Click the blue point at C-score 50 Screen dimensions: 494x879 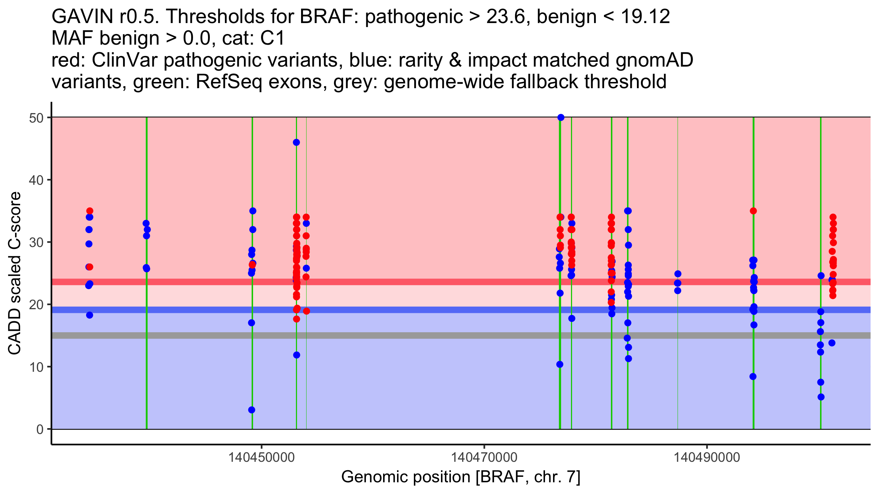[x=561, y=117]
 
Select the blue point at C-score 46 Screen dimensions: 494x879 [x=296, y=142]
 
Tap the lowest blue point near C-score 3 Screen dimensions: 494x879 [x=252, y=410]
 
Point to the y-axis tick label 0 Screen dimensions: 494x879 [x=40, y=429]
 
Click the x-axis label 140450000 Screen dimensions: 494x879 [x=261, y=457]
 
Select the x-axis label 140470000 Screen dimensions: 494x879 [x=484, y=457]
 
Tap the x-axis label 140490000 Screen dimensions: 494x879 [x=707, y=457]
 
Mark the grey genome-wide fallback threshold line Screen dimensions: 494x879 [x=403, y=336]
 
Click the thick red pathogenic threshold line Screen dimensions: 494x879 [x=403, y=282]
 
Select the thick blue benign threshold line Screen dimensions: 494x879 [x=403, y=310]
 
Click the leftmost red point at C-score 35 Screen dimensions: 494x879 [x=90, y=211]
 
